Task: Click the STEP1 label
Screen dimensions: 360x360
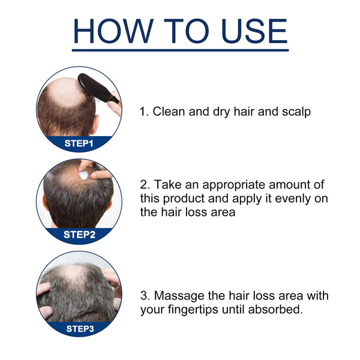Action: (79, 144)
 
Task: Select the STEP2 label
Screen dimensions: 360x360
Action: (79, 235)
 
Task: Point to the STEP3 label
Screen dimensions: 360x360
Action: (79, 328)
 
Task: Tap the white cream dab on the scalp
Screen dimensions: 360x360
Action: (84, 173)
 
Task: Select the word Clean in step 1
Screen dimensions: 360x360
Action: (169, 112)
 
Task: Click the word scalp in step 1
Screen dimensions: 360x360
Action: (296, 112)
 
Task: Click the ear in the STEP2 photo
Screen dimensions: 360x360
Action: (45, 202)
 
